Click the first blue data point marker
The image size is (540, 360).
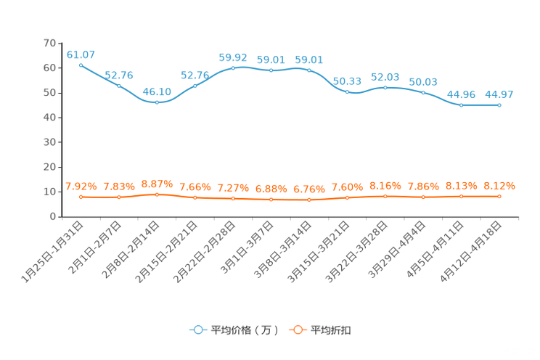(x=81, y=65)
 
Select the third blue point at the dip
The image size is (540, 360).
(x=157, y=102)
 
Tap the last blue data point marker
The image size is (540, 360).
(x=499, y=105)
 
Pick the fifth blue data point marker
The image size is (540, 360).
(x=233, y=68)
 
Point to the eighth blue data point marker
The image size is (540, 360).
(x=347, y=92)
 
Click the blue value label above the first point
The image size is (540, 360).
(x=81, y=54)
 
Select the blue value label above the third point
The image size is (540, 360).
(x=157, y=92)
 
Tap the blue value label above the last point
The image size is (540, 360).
(x=499, y=94)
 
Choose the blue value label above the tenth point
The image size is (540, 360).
(x=423, y=81)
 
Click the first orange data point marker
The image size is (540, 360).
(x=81, y=197)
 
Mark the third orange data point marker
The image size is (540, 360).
(x=157, y=195)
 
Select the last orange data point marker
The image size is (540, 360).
(x=499, y=196)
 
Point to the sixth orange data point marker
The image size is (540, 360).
(x=271, y=199)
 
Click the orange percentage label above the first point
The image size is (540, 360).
(x=81, y=186)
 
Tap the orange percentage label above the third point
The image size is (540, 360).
(x=157, y=184)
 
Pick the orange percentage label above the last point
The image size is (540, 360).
(x=499, y=186)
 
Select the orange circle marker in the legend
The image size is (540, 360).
(x=297, y=330)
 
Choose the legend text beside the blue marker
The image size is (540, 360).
(x=244, y=330)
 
